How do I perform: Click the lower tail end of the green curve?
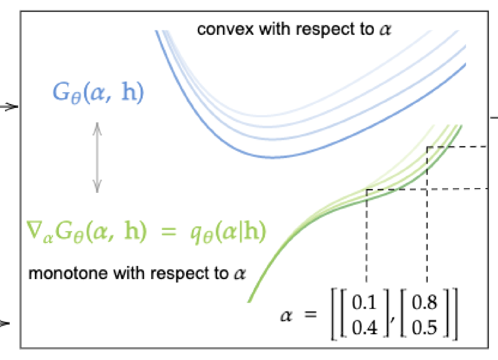249,300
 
